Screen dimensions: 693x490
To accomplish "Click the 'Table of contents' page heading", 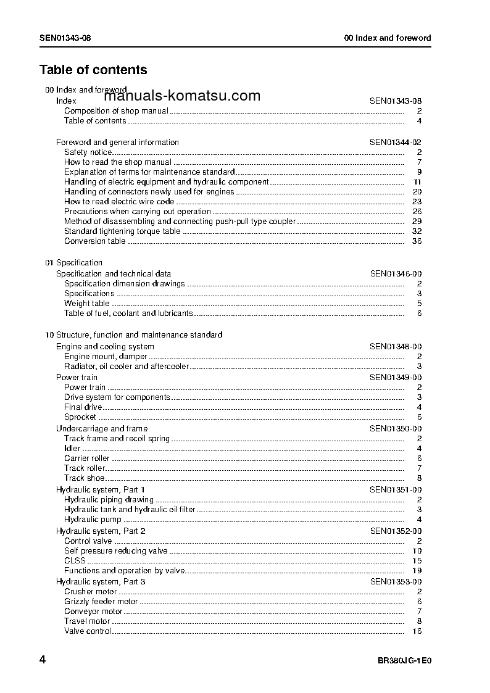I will [x=93, y=70].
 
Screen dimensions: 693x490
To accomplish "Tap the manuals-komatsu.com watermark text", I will [x=182, y=96].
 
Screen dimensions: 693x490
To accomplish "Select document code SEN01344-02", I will [x=396, y=142].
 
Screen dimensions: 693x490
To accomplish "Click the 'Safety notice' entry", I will [x=88, y=152].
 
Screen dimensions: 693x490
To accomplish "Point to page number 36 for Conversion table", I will [x=417, y=241].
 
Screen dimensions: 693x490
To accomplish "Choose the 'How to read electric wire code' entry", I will [x=119, y=201].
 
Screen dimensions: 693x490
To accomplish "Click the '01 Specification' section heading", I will [x=74, y=262].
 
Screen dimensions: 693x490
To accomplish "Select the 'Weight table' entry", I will [x=87, y=303].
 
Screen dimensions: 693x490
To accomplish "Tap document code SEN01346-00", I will [x=396, y=273].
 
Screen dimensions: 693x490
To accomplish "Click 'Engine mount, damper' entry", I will [x=106, y=356].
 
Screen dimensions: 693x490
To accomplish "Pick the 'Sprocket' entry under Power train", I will [x=80, y=417].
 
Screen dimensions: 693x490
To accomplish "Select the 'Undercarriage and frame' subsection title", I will [x=102, y=428].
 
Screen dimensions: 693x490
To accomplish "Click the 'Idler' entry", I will [x=72, y=448].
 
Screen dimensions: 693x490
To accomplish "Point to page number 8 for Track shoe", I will [x=419, y=478].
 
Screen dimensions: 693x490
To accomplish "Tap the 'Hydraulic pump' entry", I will [x=93, y=520].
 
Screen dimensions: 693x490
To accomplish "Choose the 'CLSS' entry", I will [x=75, y=560].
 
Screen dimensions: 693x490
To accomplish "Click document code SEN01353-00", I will [x=396, y=581].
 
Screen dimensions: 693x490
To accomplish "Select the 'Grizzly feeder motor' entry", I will [x=101, y=601].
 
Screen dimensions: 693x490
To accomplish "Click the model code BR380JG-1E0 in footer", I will [x=404, y=660].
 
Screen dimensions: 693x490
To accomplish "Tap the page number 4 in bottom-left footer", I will [x=43, y=660].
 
